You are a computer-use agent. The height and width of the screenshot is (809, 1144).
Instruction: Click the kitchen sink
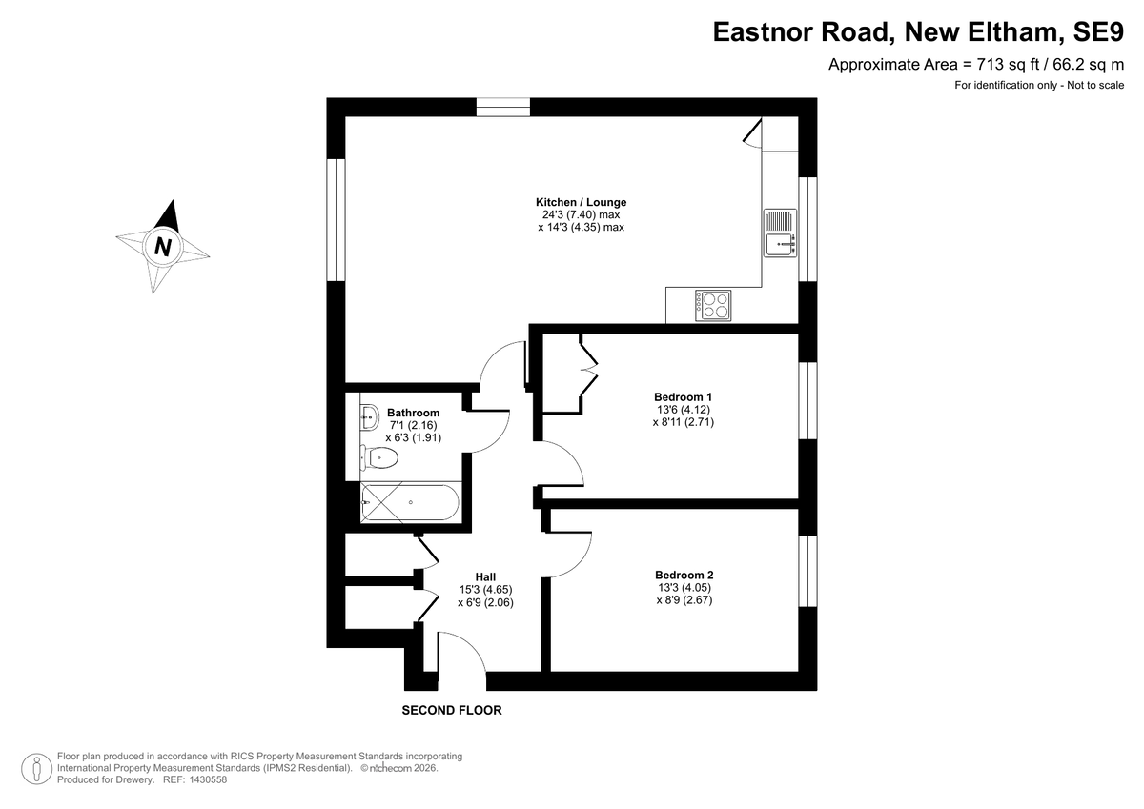pos(781,233)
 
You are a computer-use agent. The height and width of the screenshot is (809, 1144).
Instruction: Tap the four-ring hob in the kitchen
pos(713,305)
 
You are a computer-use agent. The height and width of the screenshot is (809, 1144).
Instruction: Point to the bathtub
pos(410,503)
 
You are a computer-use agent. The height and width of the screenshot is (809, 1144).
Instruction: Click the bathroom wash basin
pos(368,416)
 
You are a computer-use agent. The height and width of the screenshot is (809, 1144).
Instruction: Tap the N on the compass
pos(162,247)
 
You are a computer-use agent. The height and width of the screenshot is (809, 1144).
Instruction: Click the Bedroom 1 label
pos(683,396)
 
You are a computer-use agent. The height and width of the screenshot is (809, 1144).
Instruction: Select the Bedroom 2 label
pos(684,575)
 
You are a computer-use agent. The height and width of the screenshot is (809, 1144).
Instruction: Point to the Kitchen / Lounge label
pos(581,202)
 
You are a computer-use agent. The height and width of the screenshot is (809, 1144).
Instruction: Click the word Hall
pos(485,576)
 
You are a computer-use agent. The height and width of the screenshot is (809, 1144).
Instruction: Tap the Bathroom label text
pos(413,413)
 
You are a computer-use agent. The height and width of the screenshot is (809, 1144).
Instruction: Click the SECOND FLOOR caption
pos(452,710)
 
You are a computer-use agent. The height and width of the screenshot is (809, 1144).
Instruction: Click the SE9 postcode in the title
pos(1098,31)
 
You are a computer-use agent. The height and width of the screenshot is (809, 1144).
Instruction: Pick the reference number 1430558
pos(208,779)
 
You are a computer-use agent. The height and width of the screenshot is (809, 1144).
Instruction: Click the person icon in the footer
pos(37,769)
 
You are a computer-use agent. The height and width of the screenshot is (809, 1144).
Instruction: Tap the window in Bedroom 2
pos(807,571)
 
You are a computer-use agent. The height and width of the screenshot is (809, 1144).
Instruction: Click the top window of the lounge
pos(503,107)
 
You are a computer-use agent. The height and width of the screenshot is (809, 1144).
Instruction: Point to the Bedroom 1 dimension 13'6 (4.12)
pos(684,410)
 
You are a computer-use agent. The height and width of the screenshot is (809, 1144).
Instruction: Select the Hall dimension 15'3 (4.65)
pos(485,590)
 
